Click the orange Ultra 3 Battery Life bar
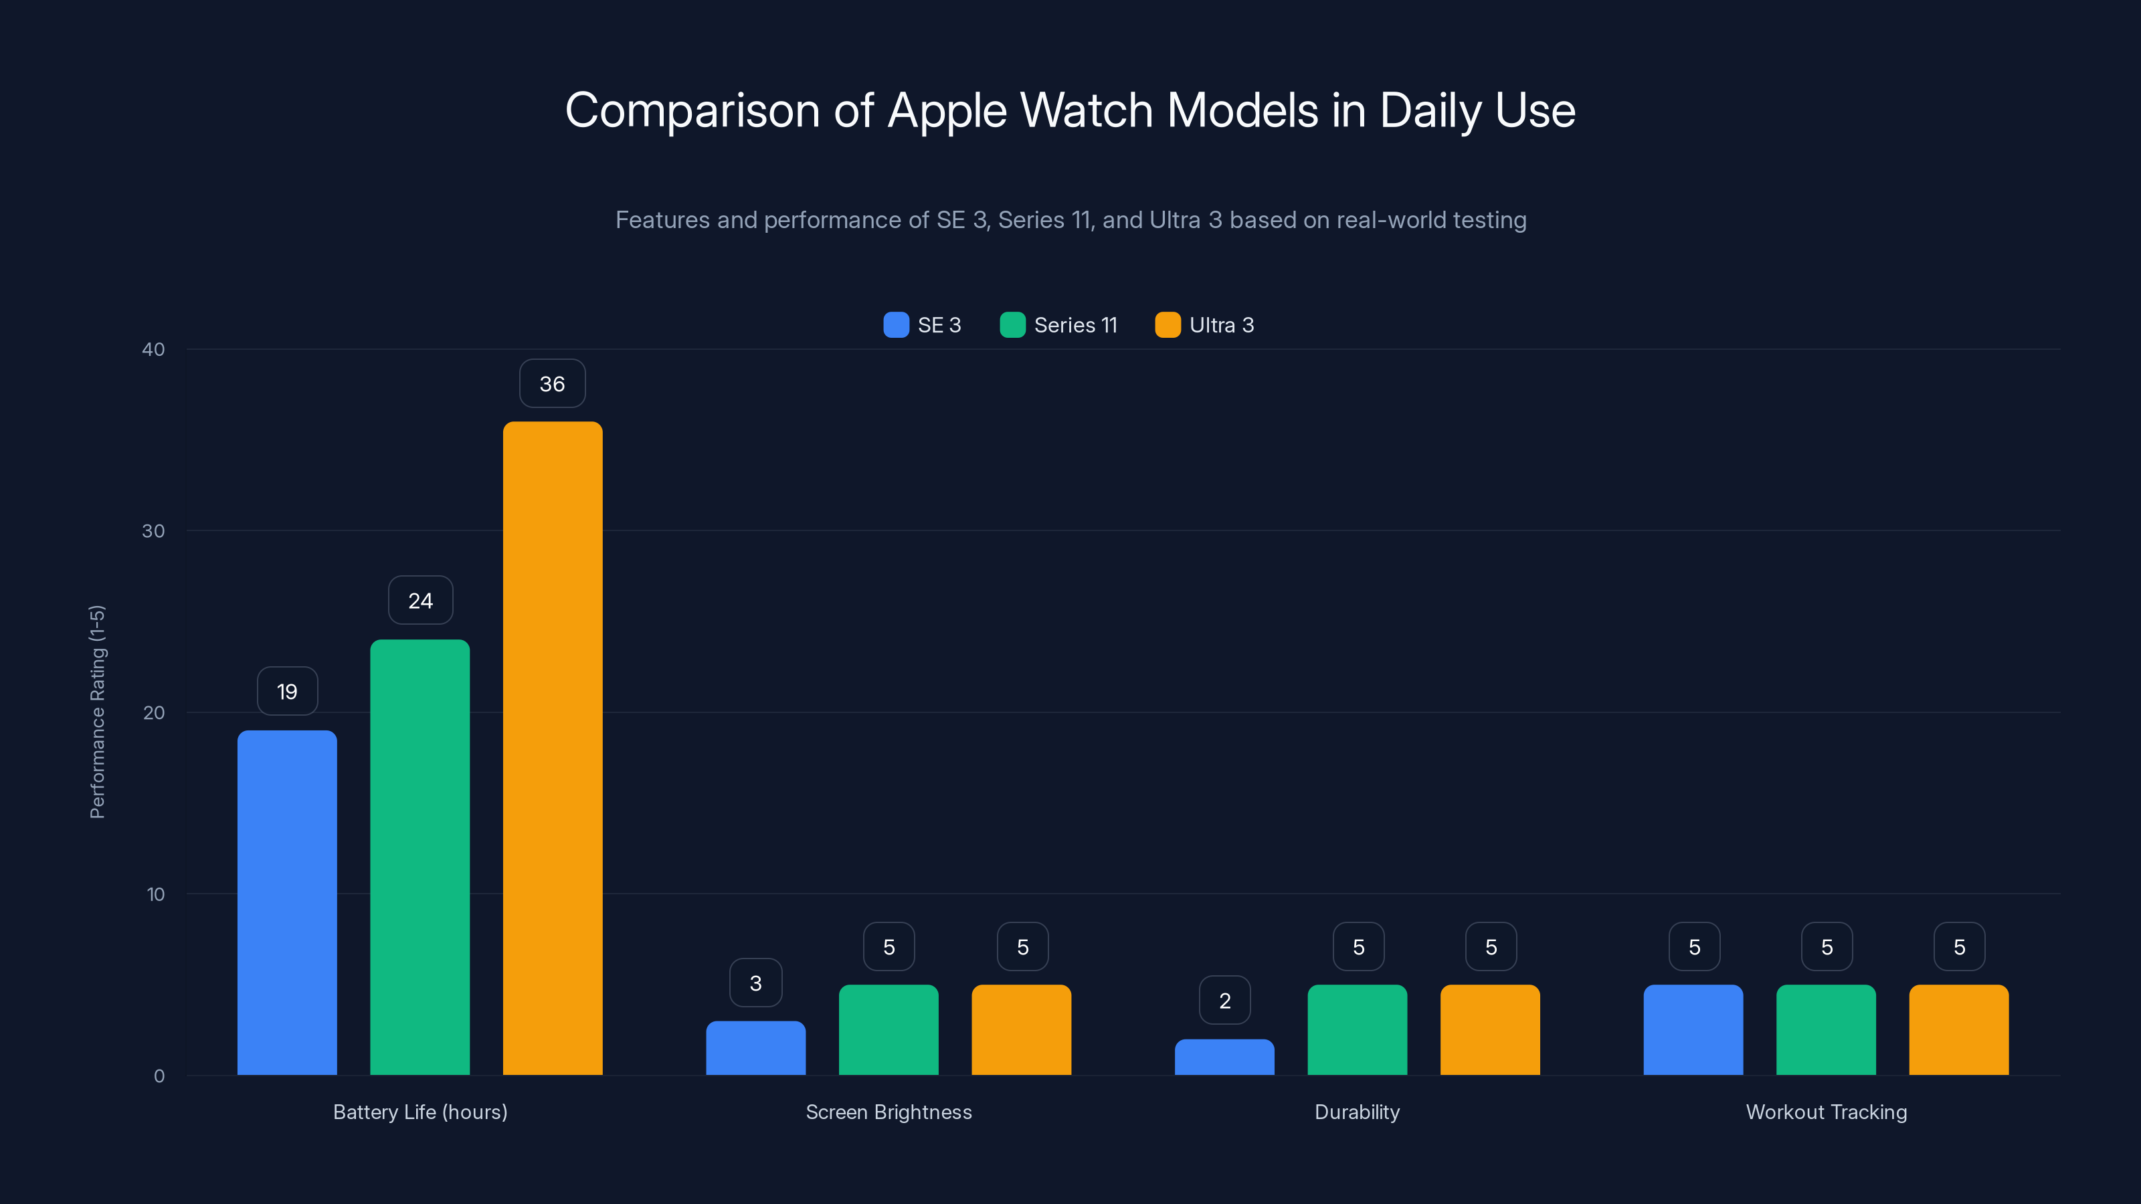tap(552, 748)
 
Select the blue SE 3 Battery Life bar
tap(287, 902)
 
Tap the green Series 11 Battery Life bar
tap(420, 857)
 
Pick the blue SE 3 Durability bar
tap(1224, 1057)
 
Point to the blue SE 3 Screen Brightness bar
tap(755, 1047)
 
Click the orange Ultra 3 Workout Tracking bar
tap(1958, 1029)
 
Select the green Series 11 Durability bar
tap(1358, 1029)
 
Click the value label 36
tap(552, 384)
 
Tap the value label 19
tap(287, 692)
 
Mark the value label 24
tap(421, 601)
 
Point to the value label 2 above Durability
tap(1224, 1001)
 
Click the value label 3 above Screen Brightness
tap(755, 983)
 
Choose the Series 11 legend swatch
tap(1012, 325)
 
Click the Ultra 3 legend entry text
tap(1221, 325)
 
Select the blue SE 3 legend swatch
tap(896, 325)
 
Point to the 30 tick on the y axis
tap(153, 531)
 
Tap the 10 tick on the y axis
tap(155, 894)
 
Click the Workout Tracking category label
tap(1826, 1112)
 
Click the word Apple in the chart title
tap(947, 110)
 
